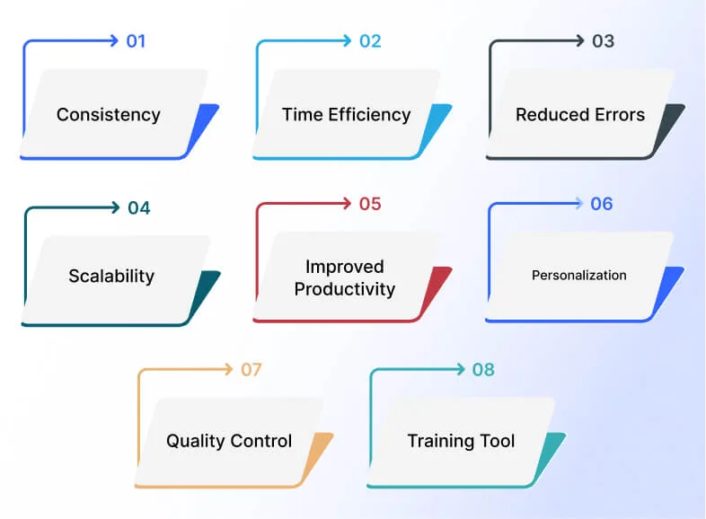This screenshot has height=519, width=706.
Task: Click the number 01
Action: tap(136, 41)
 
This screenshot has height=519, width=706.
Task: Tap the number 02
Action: tap(370, 41)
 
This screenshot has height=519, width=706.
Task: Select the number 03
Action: tap(603, 41)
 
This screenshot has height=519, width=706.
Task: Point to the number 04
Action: tap(138, 208)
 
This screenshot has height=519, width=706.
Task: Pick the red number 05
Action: tap(370, 204)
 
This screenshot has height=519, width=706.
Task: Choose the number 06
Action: tap(602, 204)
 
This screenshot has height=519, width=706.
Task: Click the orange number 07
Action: tap(251, 370)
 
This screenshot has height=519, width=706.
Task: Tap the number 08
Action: tap(483, 370)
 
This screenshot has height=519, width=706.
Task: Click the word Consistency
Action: tap(109, 115)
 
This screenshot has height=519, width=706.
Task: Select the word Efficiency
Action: tap(369, 115)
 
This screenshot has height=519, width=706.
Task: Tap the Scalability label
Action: tap(111, 276)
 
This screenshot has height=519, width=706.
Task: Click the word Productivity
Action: tap(345, 289)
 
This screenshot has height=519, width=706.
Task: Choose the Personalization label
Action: tap(579, 275)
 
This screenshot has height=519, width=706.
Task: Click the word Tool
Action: tap(497, 441)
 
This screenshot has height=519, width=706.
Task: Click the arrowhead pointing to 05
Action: tap(347, 204)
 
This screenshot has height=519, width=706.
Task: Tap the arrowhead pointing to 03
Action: tap(580, 41)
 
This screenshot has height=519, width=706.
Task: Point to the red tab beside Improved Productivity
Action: tap(435, 293)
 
